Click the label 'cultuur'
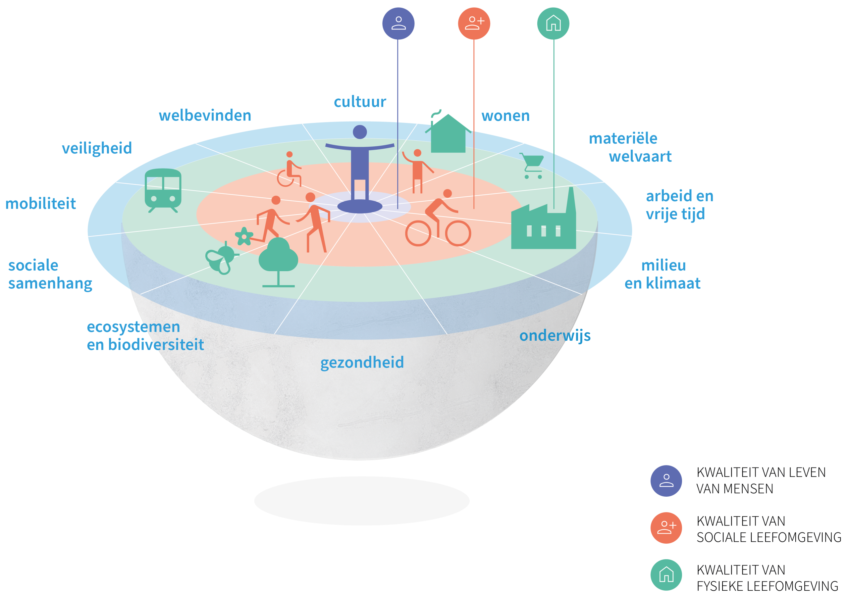pos(360,102)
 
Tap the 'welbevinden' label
pos(205,116)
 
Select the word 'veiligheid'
pos(97,148)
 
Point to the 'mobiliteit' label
pos(41,204)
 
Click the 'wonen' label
pos(505,116)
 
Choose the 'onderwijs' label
pos(555,336)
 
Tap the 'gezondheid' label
pos(362,363)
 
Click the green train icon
pos(163,190)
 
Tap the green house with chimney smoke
pos(448,134)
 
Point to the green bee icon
pos(221,258)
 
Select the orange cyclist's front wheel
pos(458,233)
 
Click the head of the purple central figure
pos(360,132)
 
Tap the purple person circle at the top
pos(398,23)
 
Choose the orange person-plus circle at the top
pos(474,23)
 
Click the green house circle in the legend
pos(666,575)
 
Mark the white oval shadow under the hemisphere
pos(362,501)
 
